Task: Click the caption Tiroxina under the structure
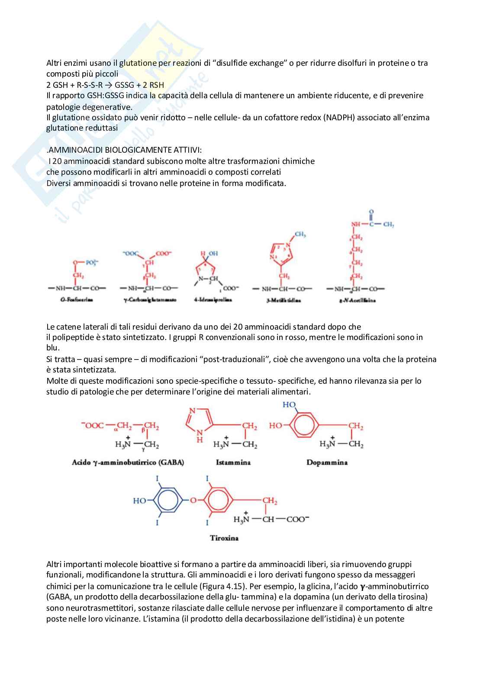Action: click(x=224, y=538)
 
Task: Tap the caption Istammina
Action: click(x=233, y=462)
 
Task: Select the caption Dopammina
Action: click(x=327, y=462)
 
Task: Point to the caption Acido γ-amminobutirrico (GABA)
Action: click(x=128, y=462)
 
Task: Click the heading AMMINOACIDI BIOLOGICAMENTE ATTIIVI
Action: click(x=125, y=150)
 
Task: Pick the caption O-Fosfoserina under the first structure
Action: click(x=76, y=300)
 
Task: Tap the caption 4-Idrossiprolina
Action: click(x=213, y=300)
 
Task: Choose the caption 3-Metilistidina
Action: click(x=283, y=300)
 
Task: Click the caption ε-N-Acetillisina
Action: click(x=357, y=300)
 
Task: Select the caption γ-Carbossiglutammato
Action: click(x=150, y=300)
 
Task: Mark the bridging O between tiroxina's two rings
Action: click(x=193, y=500)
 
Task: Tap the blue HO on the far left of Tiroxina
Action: click(x=139, y=500)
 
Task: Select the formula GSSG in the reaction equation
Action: click(x=124, y=85)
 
